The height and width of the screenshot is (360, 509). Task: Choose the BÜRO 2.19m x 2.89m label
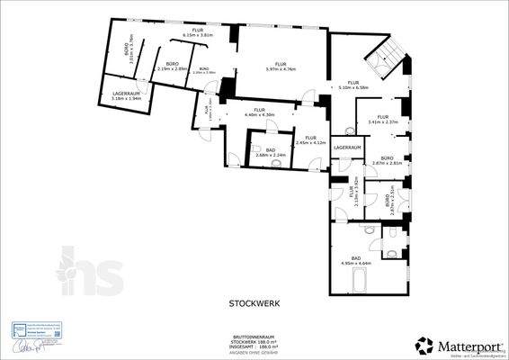click(x=172, y=67)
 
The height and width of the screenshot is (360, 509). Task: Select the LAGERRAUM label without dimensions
click(x=347, y=147)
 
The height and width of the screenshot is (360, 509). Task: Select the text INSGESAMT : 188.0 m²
click(x=252, y=346)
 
